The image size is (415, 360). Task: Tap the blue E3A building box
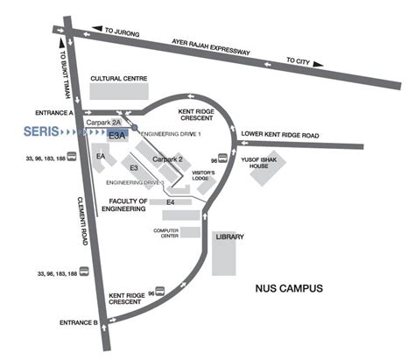point(118,136)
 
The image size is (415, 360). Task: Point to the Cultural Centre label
point(119,78)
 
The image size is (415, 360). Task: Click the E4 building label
point(171,202)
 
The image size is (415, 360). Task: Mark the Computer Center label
point(166,233)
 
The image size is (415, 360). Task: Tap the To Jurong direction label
point(122,30)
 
